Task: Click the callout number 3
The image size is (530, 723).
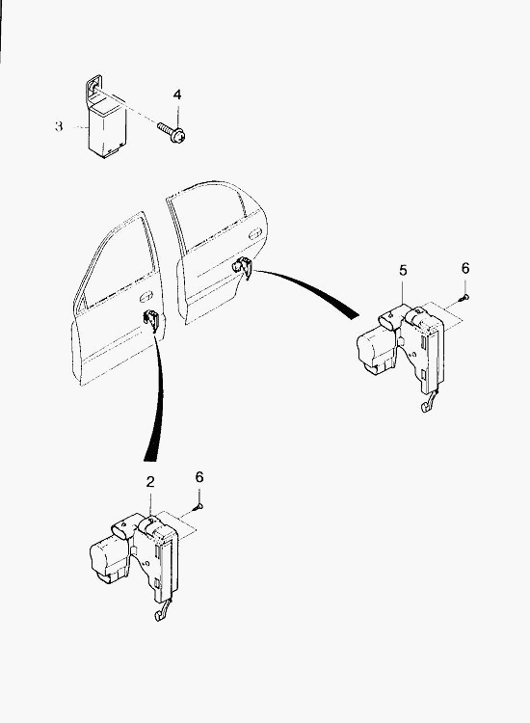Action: [59, 126]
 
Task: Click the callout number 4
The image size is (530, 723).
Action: [177, 94]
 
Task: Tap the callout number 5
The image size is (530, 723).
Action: [403, 270]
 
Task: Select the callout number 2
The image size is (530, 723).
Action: [150, 482]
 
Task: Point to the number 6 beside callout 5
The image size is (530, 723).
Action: [465, 268]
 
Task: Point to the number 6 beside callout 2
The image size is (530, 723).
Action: [199, 477]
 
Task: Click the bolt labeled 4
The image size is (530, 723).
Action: [172, 131]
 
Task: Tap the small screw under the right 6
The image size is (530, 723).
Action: [464, 299]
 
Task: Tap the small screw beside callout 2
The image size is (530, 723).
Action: [199, 508]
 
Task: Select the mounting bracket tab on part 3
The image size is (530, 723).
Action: [94, 88]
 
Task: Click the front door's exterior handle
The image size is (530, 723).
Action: [146, 295]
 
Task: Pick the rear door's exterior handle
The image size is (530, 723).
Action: [254, 234]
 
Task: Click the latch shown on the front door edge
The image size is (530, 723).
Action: [150, 319]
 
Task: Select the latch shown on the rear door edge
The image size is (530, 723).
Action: [243, 267]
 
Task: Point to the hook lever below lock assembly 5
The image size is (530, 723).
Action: [428, 402]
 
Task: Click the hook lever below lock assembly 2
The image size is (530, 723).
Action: [162, 611]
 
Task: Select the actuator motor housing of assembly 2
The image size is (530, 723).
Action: [110, 560]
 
